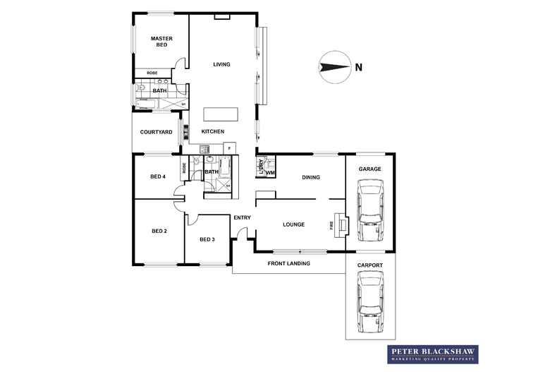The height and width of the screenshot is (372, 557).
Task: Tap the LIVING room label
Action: coord(222,65)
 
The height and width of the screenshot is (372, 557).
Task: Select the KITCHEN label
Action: coord(213,132)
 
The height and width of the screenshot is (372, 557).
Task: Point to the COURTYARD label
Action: coord(156,132)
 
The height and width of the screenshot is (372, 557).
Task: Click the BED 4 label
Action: coord(158,176)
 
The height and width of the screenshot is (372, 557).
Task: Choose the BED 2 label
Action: coord(159,231)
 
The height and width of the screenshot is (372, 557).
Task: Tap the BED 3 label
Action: coord(207,239)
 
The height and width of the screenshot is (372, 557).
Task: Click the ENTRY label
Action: coord(242,217)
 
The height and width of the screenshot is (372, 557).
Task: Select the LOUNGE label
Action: coord(293,224)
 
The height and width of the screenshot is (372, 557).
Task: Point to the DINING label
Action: coord(311,177)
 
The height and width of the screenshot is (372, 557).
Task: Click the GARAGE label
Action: coord(370,169)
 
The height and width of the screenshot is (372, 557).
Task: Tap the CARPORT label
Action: coord(370,265)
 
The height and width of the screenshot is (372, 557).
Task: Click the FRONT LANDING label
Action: coord(288,263)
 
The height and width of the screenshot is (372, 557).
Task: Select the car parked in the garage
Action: coord(370,210)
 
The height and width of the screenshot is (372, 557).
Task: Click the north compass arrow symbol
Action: coord(333,67)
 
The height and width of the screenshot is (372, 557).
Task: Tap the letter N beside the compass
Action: coord(359,68)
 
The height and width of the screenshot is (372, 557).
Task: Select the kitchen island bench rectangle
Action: coord(221,114)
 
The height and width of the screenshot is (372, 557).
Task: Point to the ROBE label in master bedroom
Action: coord(152,73)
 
